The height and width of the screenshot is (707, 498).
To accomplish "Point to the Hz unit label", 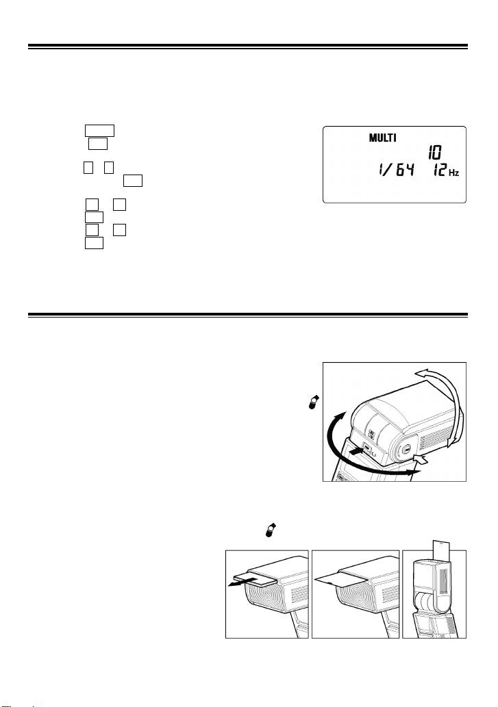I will (x=453, y=172).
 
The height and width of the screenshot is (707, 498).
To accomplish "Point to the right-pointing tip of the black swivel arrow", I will (x=418, y=473).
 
